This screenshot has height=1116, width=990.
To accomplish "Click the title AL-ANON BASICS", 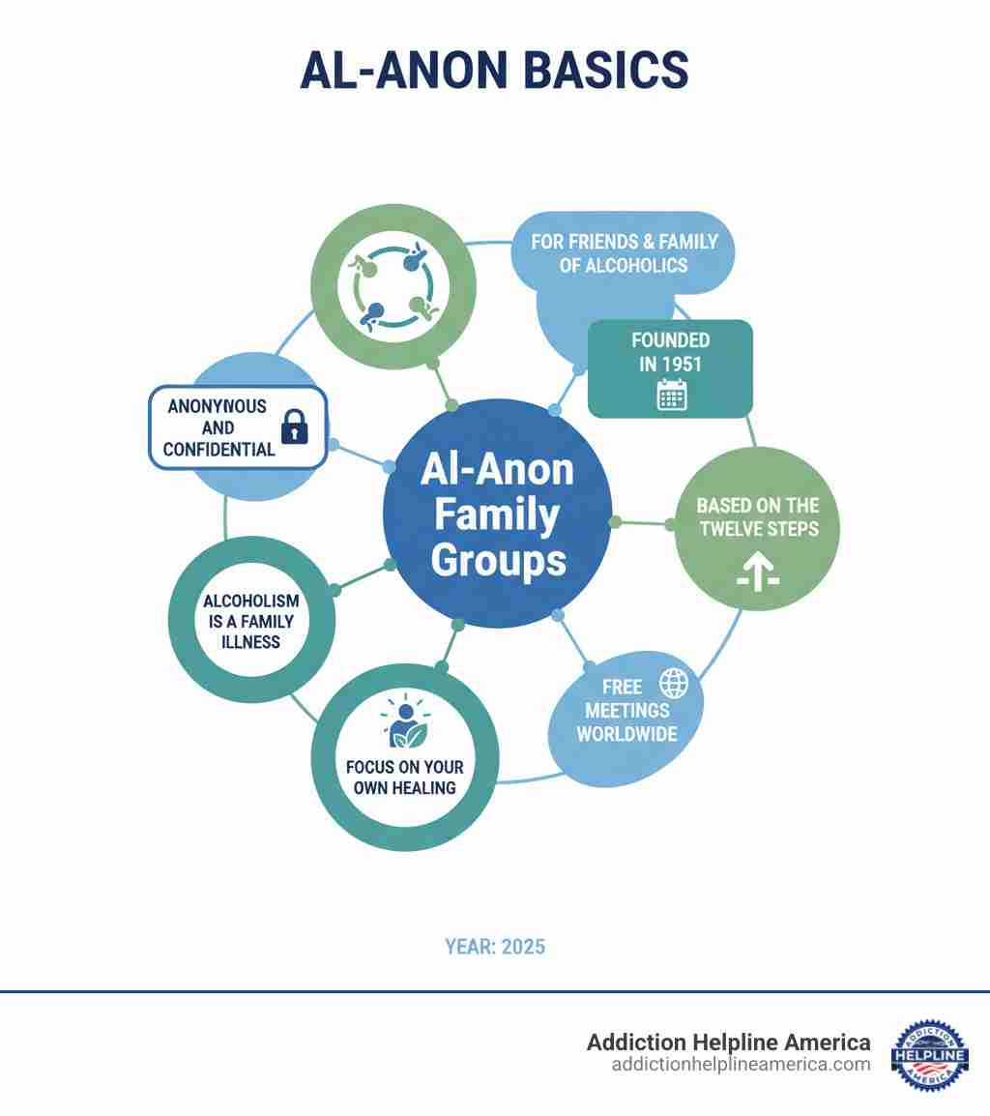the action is [495, 70].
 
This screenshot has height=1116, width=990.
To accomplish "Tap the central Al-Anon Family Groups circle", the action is [498, 514].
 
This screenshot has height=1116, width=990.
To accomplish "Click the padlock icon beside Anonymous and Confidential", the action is [294, 426].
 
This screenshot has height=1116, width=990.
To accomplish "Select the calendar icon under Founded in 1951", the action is [671, 395].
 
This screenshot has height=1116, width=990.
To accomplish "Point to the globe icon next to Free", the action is [673, 684].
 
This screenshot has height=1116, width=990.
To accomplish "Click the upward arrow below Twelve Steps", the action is [758, 573].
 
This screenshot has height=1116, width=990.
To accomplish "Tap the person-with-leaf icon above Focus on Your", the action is [404, 720].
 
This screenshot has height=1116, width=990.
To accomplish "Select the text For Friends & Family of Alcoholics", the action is [625, 253].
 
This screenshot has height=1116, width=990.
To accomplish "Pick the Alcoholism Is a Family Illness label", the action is [250, 622].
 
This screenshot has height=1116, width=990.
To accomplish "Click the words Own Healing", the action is [404, 788].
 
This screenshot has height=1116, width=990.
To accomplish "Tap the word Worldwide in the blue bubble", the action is [627, 734].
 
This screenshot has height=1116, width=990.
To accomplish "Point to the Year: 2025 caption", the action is [495, 947].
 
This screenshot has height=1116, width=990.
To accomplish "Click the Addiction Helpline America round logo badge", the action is [929, 1055].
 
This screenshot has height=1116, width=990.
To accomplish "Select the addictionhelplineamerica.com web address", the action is [741, 1065].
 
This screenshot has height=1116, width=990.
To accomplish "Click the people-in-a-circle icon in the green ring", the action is [394, 286].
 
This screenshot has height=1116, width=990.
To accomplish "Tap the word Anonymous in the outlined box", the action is [218, 406].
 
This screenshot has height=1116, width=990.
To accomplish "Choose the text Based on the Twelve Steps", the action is [758, 516].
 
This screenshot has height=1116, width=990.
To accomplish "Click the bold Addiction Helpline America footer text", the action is [728, 1042].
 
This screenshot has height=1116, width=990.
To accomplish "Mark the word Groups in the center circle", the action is [498, 561].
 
